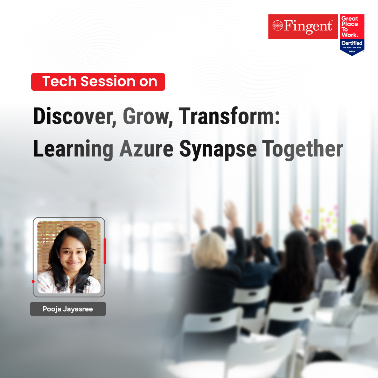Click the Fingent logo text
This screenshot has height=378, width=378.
tap(307, 27)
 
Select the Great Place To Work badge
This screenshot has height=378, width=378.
tap(352, 34)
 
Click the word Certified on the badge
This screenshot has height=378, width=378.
tap(352, 43)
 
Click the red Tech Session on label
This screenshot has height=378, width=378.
tap(98, 82)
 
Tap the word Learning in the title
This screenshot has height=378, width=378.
tap(73, 149)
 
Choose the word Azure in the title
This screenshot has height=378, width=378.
tap(146, 149)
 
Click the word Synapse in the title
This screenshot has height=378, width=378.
tap(218, 149)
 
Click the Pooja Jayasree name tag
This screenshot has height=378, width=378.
tap(68, 309)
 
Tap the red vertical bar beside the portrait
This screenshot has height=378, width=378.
tap(104, 251)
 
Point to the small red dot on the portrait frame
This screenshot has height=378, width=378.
tap(33, 281)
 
